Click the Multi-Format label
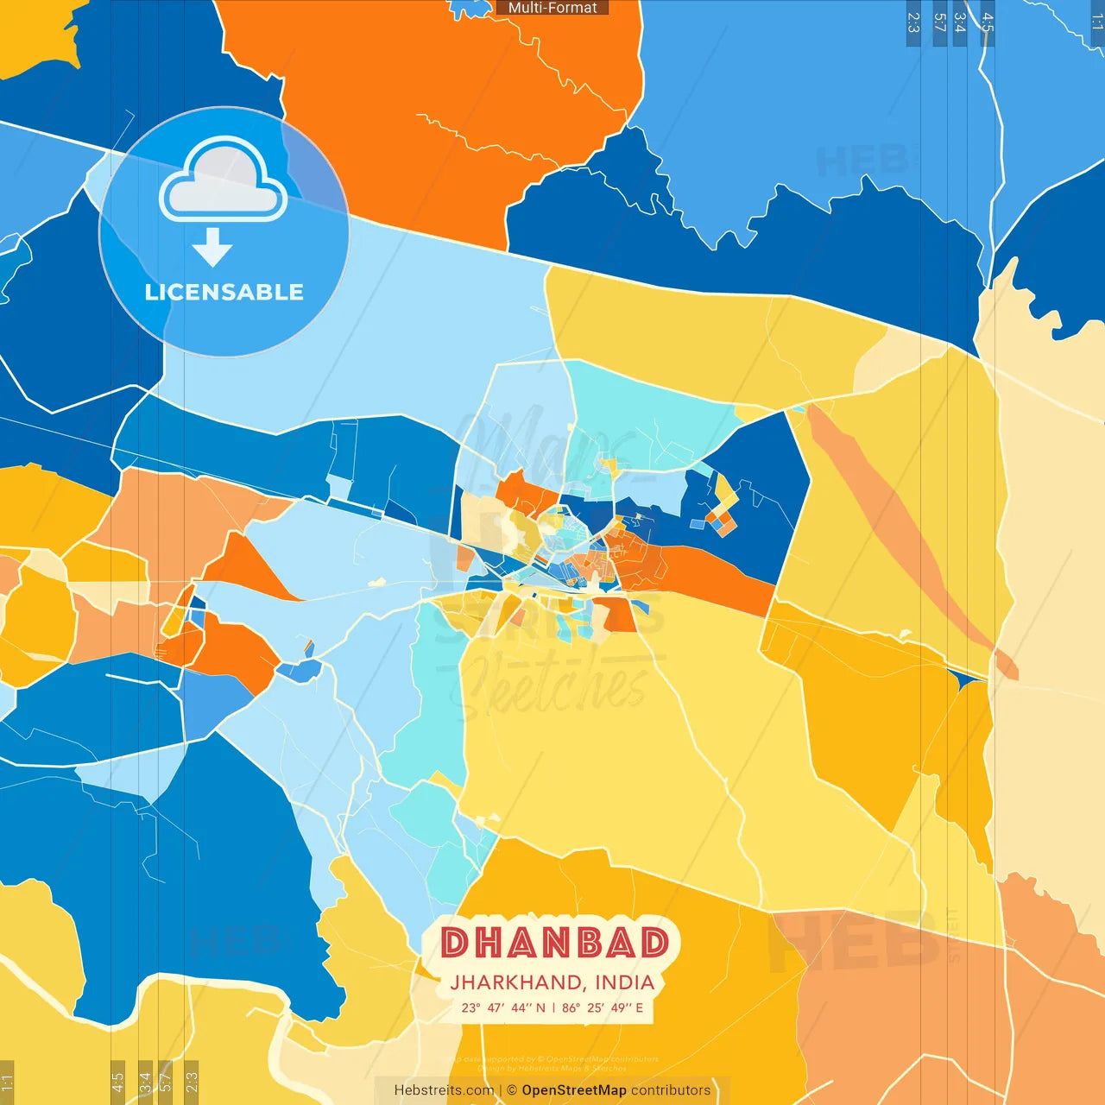pyautogui.click(x=552, y=8)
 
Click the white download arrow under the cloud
pyautogui.click(x=212, y=248)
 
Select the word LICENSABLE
pyautogui.click(x=224, y=292)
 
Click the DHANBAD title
pyautogui.click(x=554, y=943)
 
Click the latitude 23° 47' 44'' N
pyautogui.click(x=503, y=1007)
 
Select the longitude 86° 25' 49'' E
pyautogui.click(x=603, y=1007)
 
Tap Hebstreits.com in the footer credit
pyautogui.click(x=444, y=1090)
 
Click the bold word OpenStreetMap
pyautogui.click(x=573, y=1090)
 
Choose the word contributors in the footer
pyautogui.click(x=671, y=1090)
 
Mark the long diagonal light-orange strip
pyautogui.click(x=898, y=527)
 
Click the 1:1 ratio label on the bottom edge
pyautogui.click(x=7, y=1083)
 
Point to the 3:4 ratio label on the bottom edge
pyautogui.click(x=145, y=1082)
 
